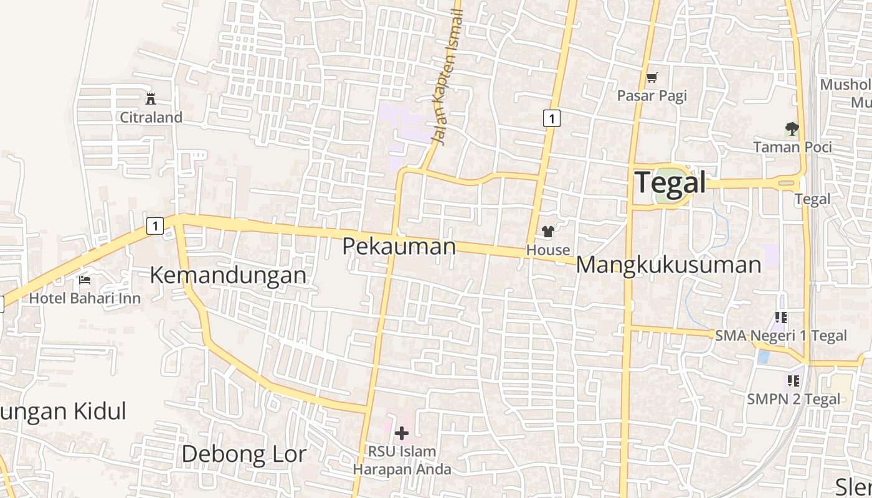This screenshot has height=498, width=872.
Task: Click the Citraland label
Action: click(x=151, y=117)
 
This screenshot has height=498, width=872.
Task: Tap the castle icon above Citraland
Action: click(x=150, y=98)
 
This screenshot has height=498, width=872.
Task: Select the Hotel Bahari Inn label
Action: click(x=85, y=298)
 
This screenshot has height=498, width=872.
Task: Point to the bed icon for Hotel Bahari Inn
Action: click(x=85, y=280)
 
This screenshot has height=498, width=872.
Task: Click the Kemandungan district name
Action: click(x=228, y=275)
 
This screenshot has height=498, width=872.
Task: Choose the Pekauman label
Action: click(x=399, y=247)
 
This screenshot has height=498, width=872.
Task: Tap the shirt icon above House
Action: click(x=548, y=232)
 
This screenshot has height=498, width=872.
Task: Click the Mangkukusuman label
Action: click(x=668, y=265)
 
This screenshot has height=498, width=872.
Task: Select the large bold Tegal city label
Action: click(x=670, y=183)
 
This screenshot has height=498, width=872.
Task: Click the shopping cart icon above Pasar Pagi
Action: click(x=652, y=78)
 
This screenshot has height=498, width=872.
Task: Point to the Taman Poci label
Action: click(x=792, y=147)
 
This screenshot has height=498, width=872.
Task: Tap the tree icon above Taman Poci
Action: click(x=792, y=129)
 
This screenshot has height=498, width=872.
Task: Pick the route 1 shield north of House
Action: click(x=551, y=118)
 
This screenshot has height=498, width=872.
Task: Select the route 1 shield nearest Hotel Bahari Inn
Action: click(x=154, y=225)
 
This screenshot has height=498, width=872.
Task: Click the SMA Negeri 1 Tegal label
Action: click(x=781, y=336)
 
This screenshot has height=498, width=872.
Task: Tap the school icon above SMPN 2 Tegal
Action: click(x=793, y=380)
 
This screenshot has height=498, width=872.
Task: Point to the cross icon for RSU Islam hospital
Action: click(x=402, y=433)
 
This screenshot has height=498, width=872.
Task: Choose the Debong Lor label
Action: click(x=244, y=454)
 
